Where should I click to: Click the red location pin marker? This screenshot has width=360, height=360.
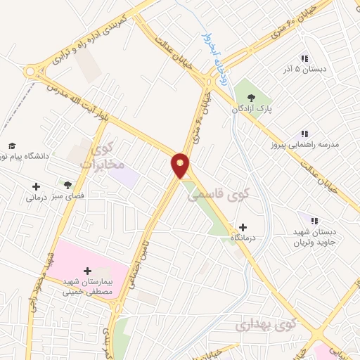click(181, 165)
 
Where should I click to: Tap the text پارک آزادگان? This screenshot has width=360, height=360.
click(251, 109)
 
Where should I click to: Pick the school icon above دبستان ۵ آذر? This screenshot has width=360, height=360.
click(304, 59)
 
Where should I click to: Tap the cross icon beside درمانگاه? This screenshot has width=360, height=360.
click(243, 227)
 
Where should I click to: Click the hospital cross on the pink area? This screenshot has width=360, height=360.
click(87, 271)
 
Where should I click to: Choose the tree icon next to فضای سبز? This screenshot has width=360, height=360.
click(67, 185)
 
